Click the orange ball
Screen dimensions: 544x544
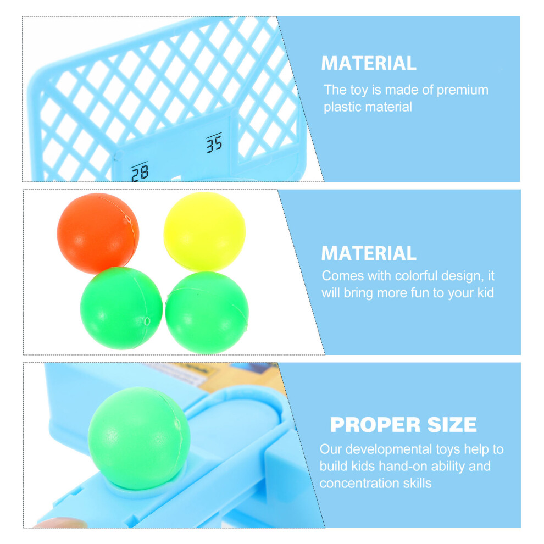coord(98,233)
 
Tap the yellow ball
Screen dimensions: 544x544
coord(205,231)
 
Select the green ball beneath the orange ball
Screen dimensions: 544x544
coord(121,308)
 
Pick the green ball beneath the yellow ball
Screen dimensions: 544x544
coord(207,312)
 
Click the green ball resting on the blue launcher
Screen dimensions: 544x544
coord(139,438)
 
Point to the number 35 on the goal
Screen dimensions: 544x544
coord(214,142)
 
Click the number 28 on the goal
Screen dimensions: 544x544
coord(140,171)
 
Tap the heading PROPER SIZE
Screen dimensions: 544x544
coord(403,425)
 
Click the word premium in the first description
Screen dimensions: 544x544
coord(462,91)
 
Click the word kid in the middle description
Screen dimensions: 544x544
coord(485,293)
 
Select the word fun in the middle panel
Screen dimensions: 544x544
coord(420,293)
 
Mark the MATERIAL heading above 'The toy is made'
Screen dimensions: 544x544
coord(369,63)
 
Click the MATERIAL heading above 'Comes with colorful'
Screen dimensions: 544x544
coord(369,253)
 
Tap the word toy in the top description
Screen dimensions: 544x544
coord(359,91)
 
